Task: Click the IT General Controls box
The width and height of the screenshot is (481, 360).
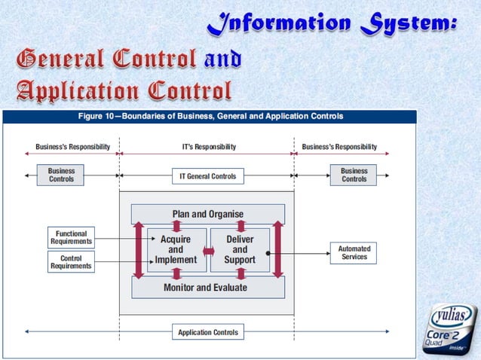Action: click(207, 176)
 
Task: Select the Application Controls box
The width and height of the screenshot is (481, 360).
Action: click(207, 331)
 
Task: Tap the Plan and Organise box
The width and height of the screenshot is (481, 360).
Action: click(208, 214)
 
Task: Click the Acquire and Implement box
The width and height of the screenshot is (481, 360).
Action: click(176, 249)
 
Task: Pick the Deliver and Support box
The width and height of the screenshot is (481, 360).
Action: click(240, 249)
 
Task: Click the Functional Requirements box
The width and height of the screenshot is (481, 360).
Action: click(71, 237)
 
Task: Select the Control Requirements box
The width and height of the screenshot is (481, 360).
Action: click(71, 262)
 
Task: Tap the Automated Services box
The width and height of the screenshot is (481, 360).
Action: click(354, 252)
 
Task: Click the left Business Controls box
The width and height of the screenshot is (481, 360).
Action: click(62, 175)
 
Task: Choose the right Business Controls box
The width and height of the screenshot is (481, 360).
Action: click(354, 175)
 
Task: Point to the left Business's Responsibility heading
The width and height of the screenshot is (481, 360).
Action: click(73, 147)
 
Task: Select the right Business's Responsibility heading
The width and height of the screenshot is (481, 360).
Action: click(339, 147)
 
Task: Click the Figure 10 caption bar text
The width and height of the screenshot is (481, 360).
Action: click(211, 117)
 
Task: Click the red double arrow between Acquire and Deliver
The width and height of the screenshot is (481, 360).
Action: click(208, 250)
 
